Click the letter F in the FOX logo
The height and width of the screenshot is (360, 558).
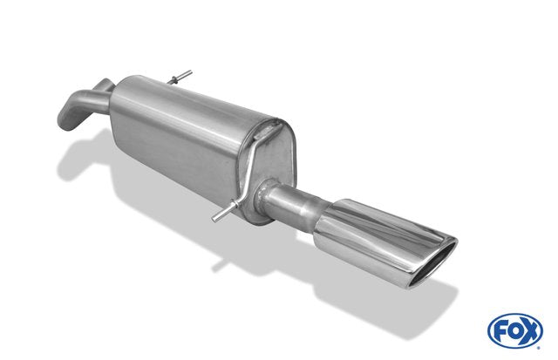(x=500, y=331)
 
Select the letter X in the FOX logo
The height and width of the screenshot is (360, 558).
(x=530, y=331)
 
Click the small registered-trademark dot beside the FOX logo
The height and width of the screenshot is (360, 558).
(x=538, y=348)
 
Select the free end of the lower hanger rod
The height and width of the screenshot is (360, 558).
(x=214, y=219)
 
